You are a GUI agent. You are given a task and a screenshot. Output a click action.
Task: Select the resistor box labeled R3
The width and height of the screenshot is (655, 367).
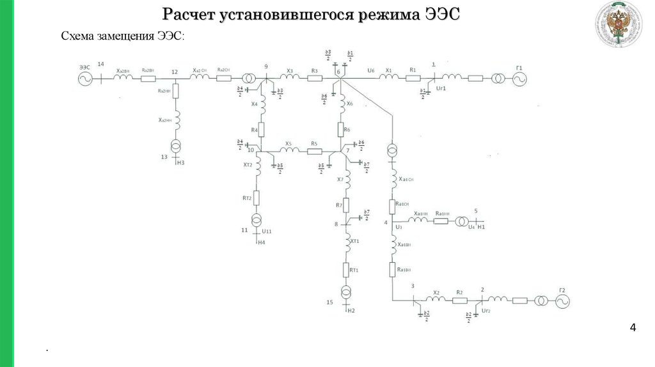(314, 79)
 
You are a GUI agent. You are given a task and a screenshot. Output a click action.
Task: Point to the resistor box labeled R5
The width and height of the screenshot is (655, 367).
(314, 152)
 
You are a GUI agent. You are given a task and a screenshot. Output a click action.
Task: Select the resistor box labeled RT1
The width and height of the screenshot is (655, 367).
(346, 270)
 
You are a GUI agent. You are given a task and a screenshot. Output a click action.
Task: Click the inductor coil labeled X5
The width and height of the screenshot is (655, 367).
(290, 151)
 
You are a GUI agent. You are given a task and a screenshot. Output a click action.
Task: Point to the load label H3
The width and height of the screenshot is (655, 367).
(180, 163)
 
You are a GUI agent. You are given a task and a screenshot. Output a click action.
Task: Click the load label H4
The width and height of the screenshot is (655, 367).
(261, 242)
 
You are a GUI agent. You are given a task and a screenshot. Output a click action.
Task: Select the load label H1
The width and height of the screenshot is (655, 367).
(482, 227)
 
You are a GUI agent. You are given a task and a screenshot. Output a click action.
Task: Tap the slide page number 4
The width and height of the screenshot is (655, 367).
(633, 329)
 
